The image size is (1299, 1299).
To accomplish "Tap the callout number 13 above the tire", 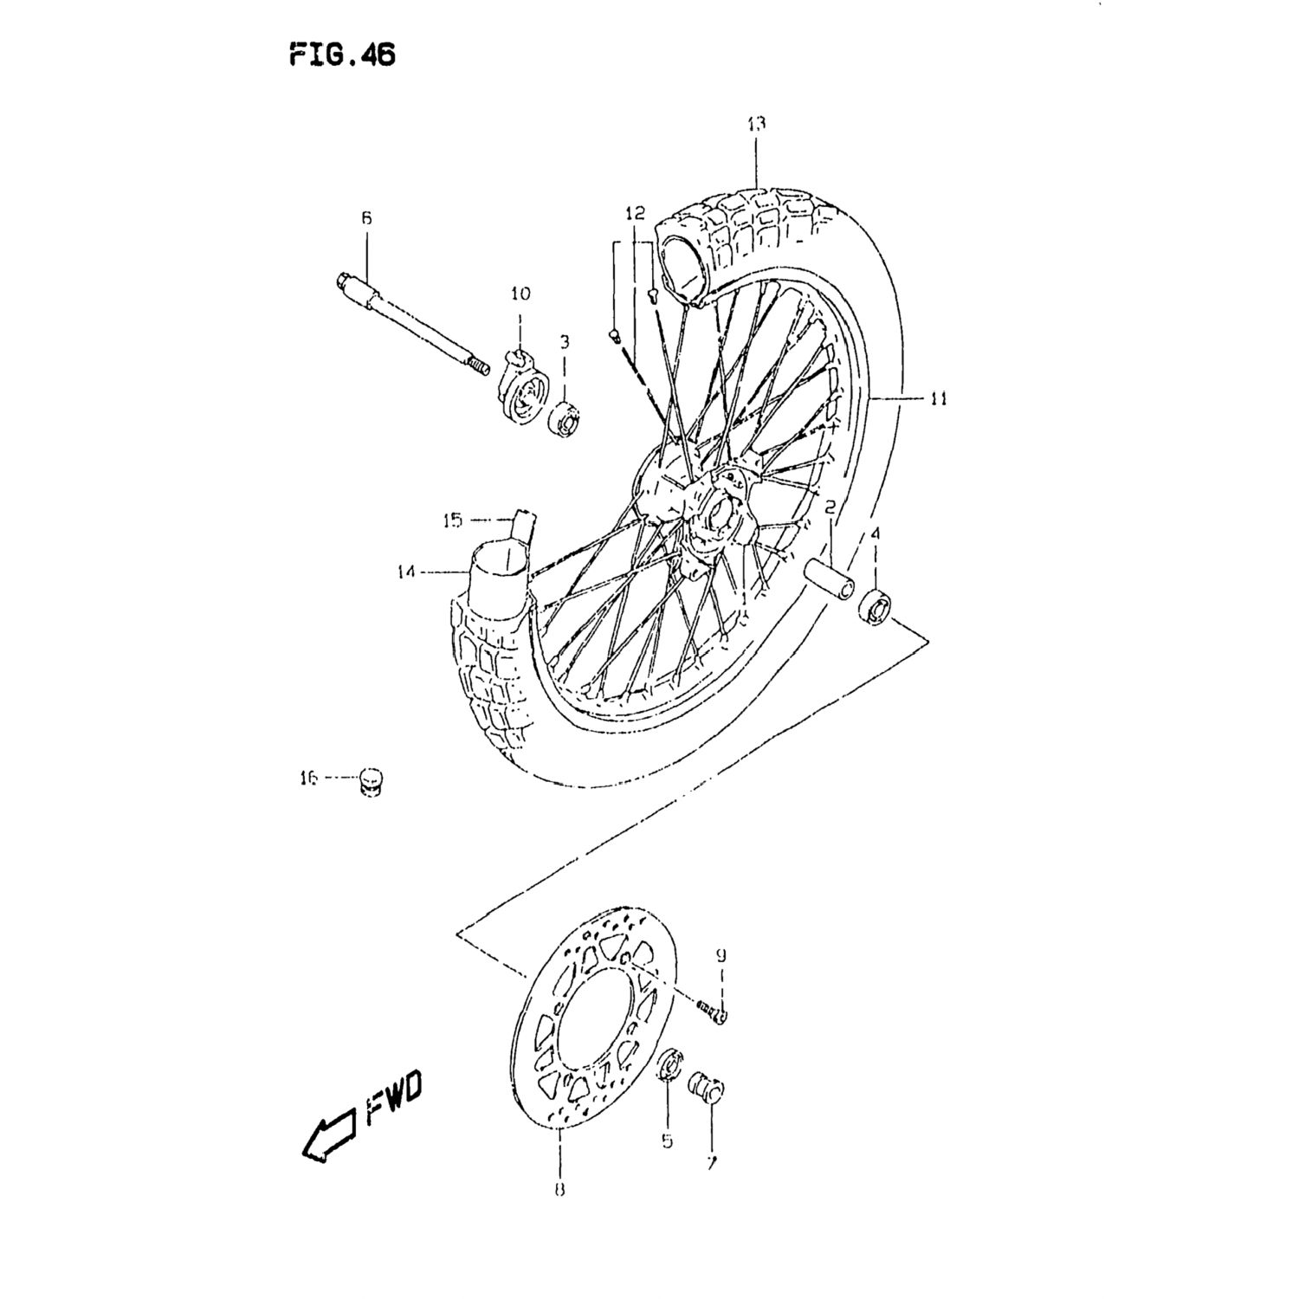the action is click(x=756, y=124).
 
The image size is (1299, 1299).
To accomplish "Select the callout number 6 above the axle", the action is click(x=365, y=219).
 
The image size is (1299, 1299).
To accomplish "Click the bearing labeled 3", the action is click(x=565, y=419).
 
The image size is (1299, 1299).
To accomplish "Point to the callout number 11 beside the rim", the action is click(x=939, y=399).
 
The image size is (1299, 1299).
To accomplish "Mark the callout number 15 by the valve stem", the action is click(x=454, y=520).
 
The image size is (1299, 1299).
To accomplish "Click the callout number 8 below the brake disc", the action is click(x=559, y=1190).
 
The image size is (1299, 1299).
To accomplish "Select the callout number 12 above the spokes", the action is click(x=636, y=212).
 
